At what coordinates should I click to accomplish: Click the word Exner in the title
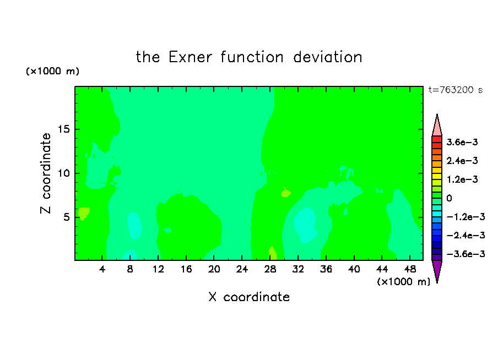coord(190,57)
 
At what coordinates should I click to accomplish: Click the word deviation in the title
coord(327,57)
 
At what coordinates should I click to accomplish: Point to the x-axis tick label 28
coord(270,269)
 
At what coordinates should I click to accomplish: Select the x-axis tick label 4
coord(102,269)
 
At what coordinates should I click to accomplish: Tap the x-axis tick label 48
coord(410,269)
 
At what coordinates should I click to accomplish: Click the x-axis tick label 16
coord(186,269)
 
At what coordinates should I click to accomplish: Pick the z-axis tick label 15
coord(64,129)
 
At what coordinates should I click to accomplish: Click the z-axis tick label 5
coord(67,217)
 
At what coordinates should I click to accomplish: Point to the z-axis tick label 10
coord(64,173)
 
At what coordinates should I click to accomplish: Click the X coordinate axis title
coord(249,297)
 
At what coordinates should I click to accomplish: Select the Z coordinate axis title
coord(46,173)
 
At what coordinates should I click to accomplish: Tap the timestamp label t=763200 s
coord(456,90)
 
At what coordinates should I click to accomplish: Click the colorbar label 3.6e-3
coord(462,142)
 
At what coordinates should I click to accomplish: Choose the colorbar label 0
coord(449,198)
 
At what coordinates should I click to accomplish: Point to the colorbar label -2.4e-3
coord(465,236)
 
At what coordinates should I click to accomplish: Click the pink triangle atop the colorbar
coord(437,127)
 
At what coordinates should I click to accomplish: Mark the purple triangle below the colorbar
coord(437,270)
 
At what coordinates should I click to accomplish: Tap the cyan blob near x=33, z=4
coord(305,225)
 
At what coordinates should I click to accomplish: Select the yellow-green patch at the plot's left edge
coord(83,214)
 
